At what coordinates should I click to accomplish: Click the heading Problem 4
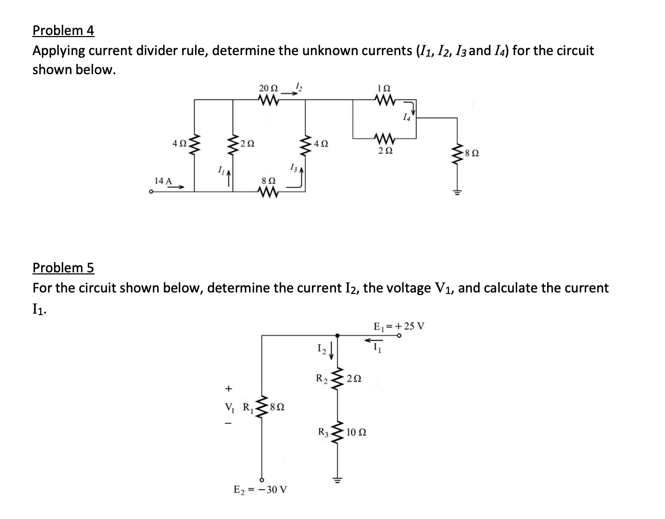click(x=63, y=31)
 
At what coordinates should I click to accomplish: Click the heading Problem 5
click(x=63, y=268)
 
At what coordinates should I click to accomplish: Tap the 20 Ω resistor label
click(x=268, y=88)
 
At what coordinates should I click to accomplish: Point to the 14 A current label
click(x=163, y=181)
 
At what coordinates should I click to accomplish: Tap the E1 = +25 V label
click(x=398, y=326)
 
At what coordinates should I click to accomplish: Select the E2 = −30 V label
click(x=260, y=489)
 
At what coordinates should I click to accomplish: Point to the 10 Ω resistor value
click(x=356, y=432)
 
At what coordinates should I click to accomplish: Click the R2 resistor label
click(x=322, y=378)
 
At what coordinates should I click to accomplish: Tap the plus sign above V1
click(x=229, y=387)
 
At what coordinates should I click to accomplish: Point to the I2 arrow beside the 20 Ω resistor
click(x=296, y=92)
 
